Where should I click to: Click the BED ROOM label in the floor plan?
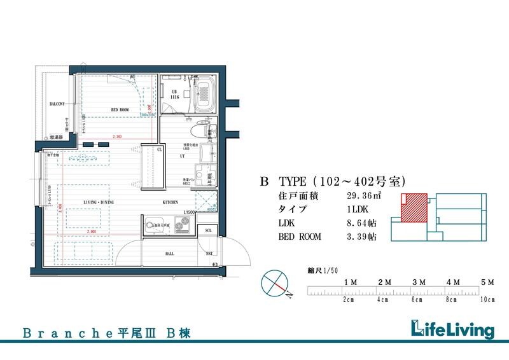(120, 109)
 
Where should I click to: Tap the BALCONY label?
(57, 104)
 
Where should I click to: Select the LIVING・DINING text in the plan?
(99, 202)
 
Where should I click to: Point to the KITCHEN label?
(170, 202)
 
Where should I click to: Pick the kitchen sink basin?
(153, 224)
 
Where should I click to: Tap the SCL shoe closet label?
(207, 230)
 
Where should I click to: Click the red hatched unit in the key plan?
(414, 207)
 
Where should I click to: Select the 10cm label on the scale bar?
(487, 300)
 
